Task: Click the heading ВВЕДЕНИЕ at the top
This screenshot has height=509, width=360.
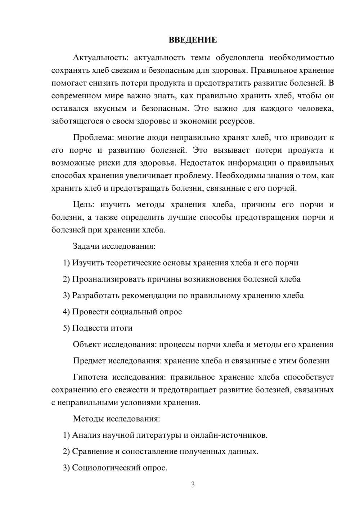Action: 193,40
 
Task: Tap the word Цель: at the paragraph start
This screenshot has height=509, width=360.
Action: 84,205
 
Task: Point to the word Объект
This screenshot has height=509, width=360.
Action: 87,344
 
